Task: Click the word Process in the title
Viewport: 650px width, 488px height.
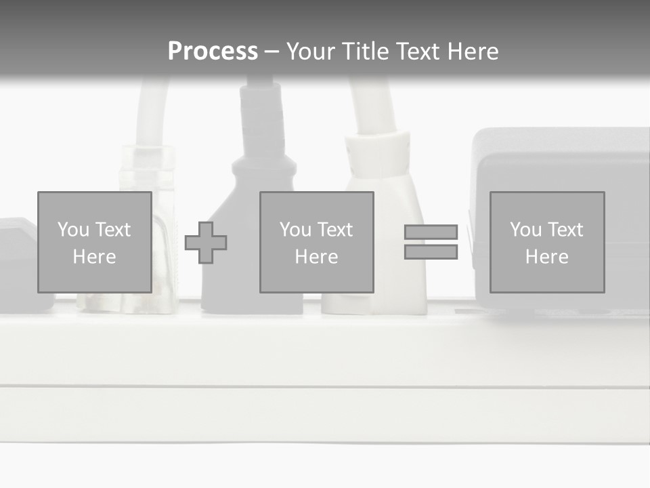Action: (x=213, y=52)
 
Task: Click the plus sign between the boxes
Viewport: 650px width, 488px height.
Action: (x=206, y=243)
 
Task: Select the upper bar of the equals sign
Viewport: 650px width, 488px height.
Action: (x=431, y=232)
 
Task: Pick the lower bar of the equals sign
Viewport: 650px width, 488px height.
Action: (x=431, y=252)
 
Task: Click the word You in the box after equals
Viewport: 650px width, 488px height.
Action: (x=525, y=230)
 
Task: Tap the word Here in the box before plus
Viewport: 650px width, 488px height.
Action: (x=94, y=257)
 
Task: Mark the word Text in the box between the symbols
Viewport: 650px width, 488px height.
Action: (x=335, y=230)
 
